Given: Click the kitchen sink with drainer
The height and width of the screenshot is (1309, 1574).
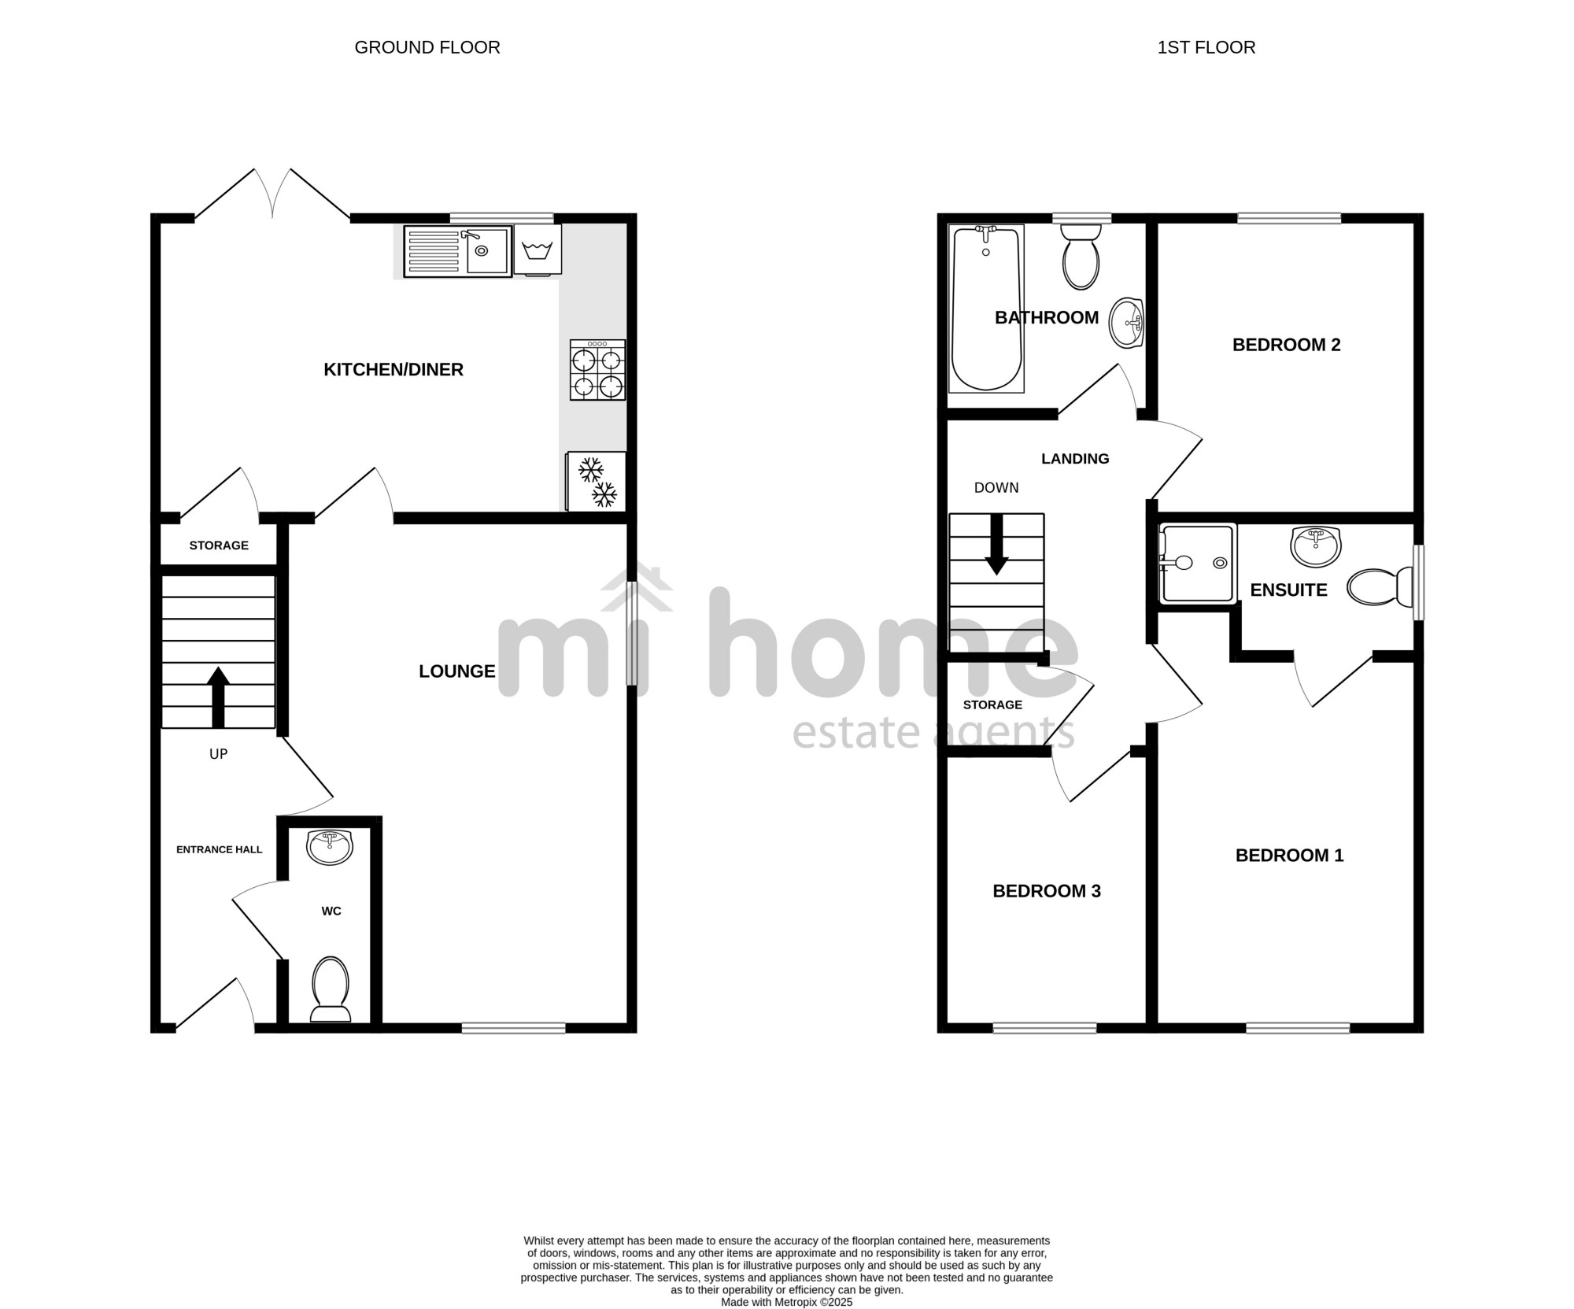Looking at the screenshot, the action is [x=457, y=251].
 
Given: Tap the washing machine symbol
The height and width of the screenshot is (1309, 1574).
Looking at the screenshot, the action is [x=538, y=250].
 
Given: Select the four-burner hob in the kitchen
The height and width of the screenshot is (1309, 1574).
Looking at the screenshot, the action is [x=597, y=370].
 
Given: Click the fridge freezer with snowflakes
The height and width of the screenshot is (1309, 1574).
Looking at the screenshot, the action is [x=596, y=481].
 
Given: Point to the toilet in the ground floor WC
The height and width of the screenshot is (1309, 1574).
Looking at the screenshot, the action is [x=331, y=989].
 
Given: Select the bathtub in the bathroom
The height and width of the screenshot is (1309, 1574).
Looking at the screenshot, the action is [x=987, y=308].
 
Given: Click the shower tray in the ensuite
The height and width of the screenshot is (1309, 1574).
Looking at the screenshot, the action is [x=1197, y=564].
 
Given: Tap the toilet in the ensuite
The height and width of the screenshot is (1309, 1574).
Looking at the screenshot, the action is [x=1381, y=587].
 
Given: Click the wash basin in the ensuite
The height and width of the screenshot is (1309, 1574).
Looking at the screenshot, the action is [x=1316, y=546].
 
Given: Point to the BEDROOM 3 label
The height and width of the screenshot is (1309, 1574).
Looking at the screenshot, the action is [x=1047, y=891].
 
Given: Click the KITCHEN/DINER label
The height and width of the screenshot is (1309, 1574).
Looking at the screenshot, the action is [x=393, y=369].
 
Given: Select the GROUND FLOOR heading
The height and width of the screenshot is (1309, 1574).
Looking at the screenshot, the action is [x=427, y=47].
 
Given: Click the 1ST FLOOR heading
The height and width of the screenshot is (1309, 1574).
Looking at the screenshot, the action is [x=1206, y=47].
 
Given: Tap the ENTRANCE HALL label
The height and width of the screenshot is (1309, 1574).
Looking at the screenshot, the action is [x=220, y=849].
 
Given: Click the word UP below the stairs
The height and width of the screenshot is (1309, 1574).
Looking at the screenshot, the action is [x=218, y=754].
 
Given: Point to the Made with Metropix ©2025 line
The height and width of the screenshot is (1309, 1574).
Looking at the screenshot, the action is [x=787, y=1303].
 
